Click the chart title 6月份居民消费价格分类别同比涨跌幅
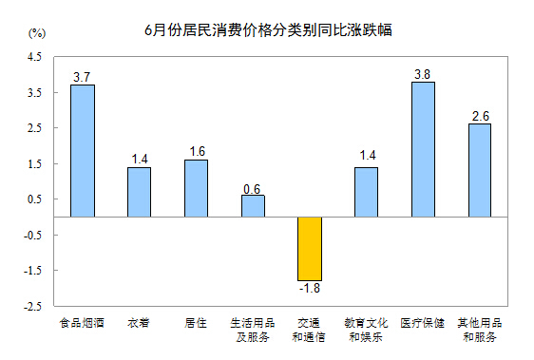pyautogui.click(x=268, y=29)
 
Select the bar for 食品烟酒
pyautogui.click(x=83, y=150)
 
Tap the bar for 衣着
pyautogui.click(x=139, y=192)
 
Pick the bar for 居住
pyautogui.click(x=196, y=188)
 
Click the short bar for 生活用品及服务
pyautogui.click(x=253, y=206)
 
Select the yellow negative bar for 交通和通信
pyautogui.click(x=310, y=249)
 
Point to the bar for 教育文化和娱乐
pyautogui.click(x=366, y=192)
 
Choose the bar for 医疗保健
pyautogui.click(x=423, y=149)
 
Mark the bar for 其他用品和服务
pyautogui.click(x=480, y=170)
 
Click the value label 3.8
pyautogui.click(x=423, y=73)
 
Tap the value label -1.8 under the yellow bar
pyautogui.click(x=310, y=288)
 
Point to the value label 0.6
pyautogui.click(x=253, y=188)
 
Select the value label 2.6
pyautogui.click(x=480, y=116)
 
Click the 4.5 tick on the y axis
pyautogui.click(x=33, y=57)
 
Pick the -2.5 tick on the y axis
pyautogui.click(x=31, y=306)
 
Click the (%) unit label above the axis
pyautogui.click(x=37, y=33)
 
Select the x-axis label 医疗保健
pyautogui.click(x=423, y=323)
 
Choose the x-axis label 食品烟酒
pyautogui.click(x=83, y=323)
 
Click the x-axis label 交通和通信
pyautogui.click(x=310, y=330)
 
